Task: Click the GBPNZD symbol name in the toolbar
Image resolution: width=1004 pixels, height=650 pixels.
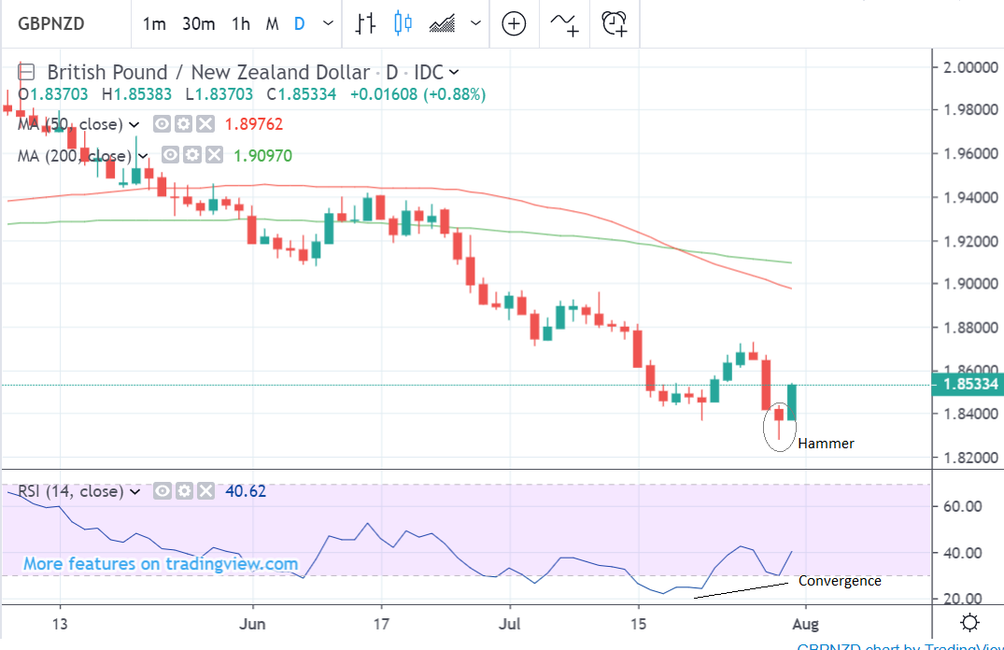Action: (51, 23)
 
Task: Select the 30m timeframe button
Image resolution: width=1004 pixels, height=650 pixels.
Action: (198, 23)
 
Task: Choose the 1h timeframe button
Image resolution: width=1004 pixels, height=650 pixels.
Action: (241, 23)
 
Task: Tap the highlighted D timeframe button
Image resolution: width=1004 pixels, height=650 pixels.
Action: (300, 23)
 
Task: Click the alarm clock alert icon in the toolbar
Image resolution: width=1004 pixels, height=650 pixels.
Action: (614, 23)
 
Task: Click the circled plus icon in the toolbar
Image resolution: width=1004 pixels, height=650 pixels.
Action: (514, 23)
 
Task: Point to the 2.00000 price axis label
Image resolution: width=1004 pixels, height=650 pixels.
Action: (968, 67)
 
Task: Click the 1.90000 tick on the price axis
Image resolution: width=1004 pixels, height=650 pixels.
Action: (968, 284)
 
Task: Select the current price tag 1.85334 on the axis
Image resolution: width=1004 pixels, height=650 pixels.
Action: (968, 384)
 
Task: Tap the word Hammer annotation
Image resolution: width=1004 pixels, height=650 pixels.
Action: (826, 444)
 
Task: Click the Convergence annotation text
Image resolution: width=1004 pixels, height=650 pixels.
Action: (840, 581)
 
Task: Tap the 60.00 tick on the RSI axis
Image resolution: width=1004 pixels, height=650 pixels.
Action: (961, 506)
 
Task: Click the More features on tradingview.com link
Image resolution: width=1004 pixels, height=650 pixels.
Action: (161, 564)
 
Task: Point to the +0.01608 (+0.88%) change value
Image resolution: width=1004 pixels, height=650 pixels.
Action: (417, 94)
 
